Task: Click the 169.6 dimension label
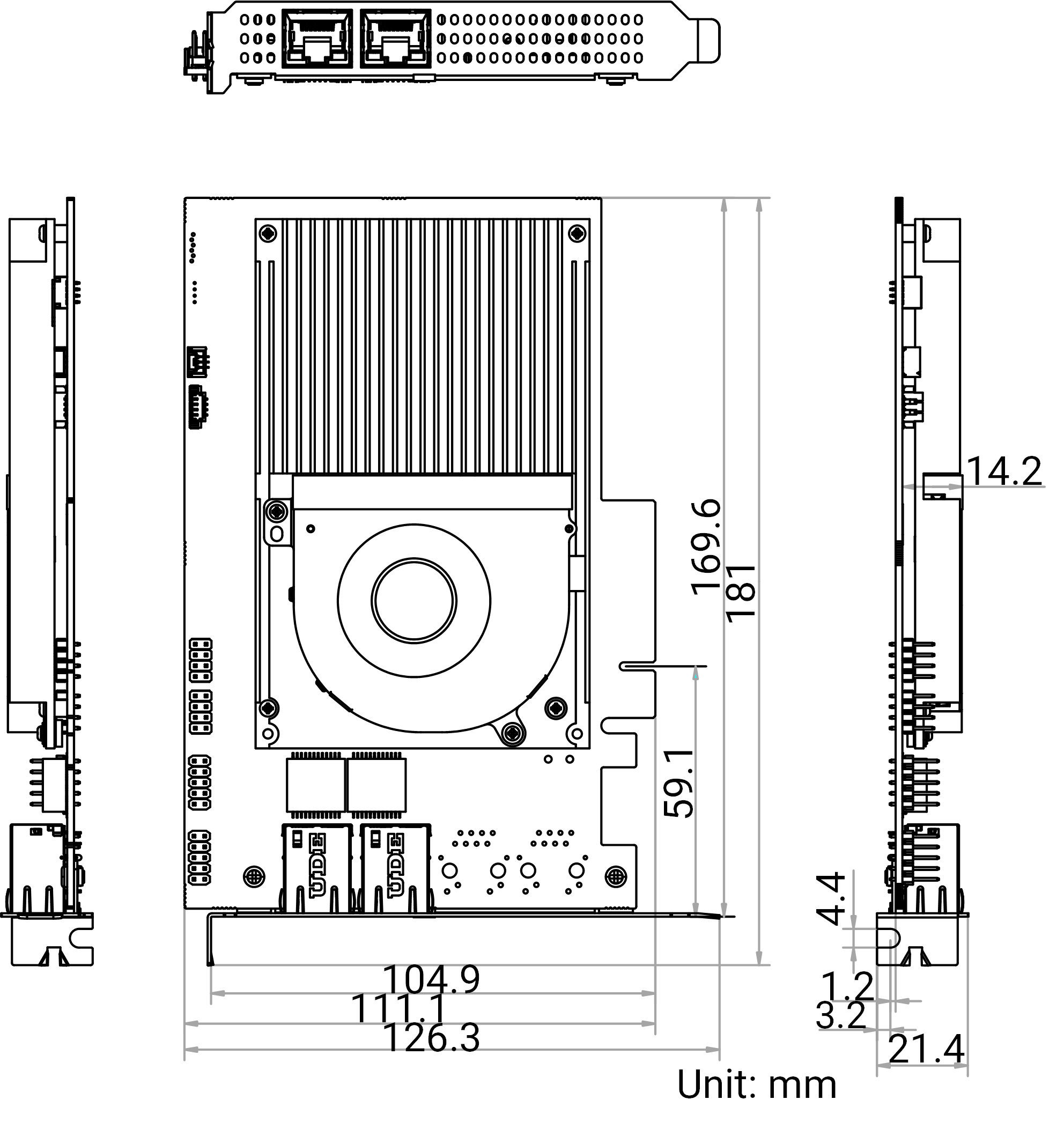coord(706,548)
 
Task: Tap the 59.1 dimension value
coord(679,784)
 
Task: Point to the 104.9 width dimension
coord(432,980)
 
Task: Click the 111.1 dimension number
coord(400,1009)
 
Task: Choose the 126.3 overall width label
coord(432,1038)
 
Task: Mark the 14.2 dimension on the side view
coord(1004,471)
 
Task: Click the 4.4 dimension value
coord(831,899)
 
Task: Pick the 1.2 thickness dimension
coord(847,986)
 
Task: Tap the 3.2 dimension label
coord(841,1015)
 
